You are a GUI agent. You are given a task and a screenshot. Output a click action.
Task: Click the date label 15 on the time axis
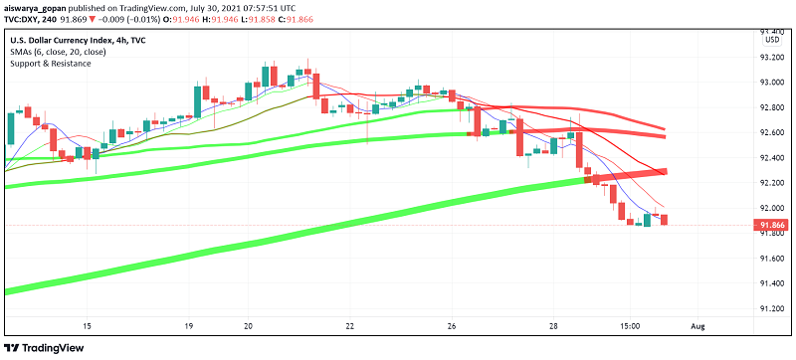pyautogui.click(x=88, y=326)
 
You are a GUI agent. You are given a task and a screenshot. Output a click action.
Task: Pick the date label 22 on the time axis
pyautogui.click(x=349, y=326)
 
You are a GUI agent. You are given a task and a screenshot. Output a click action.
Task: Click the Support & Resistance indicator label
pyautogui.click(x=52, y=64)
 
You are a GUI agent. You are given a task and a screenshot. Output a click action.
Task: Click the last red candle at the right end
pyautogui.click(x=664, y=219)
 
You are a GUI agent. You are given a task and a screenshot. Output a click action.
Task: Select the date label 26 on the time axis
pyautogui.click(x=451, y=326)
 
